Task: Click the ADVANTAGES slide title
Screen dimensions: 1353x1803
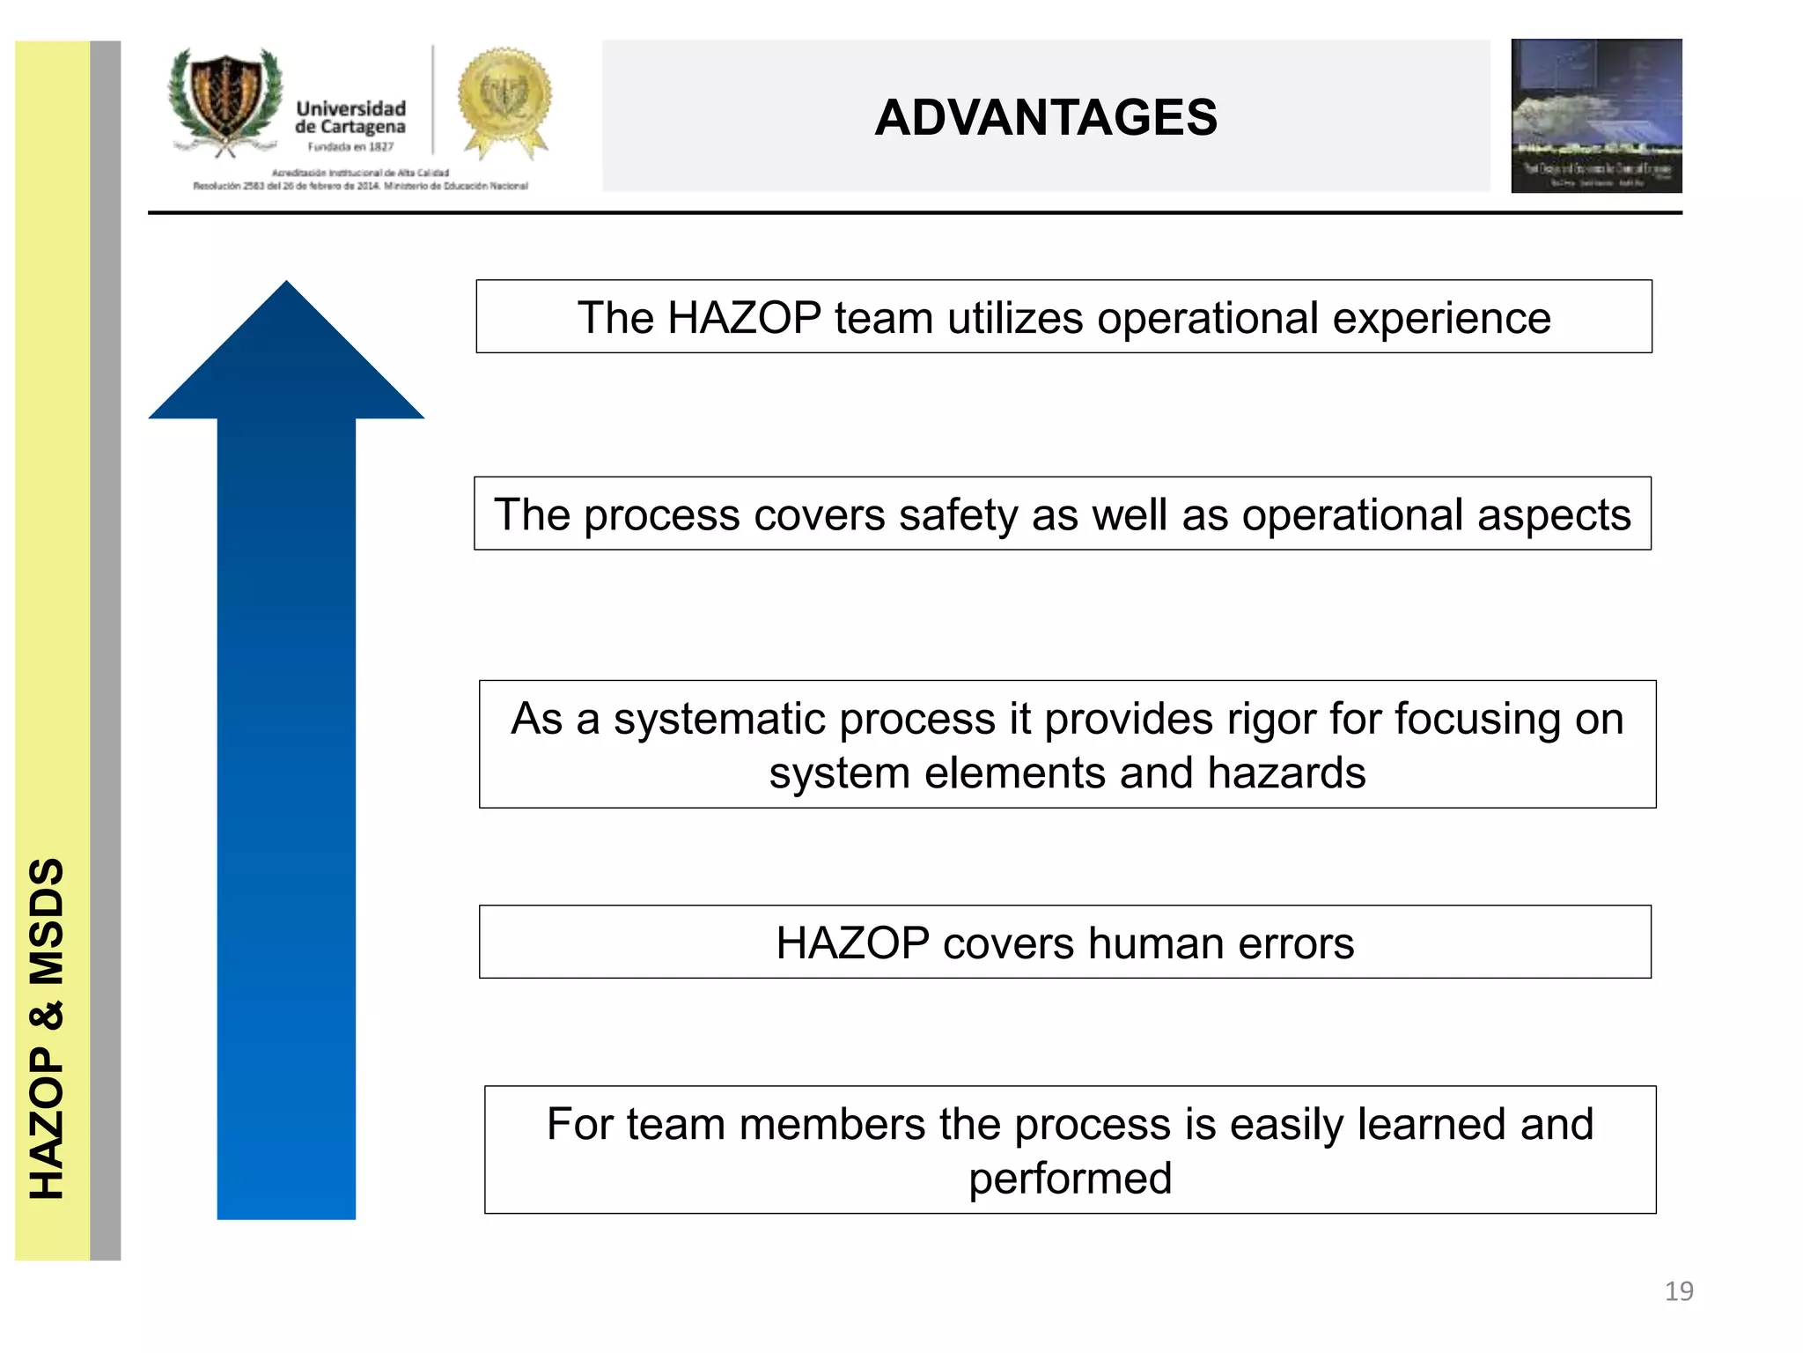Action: click(x=1045, y=117)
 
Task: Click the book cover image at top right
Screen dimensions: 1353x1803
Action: click(x=1595, y=115)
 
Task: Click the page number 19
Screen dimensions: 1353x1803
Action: click(x=1678, y=1290)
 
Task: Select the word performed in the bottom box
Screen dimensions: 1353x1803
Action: click(x=1070, y=1179)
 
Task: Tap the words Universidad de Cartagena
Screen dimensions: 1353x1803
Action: click(x=350, y=117)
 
